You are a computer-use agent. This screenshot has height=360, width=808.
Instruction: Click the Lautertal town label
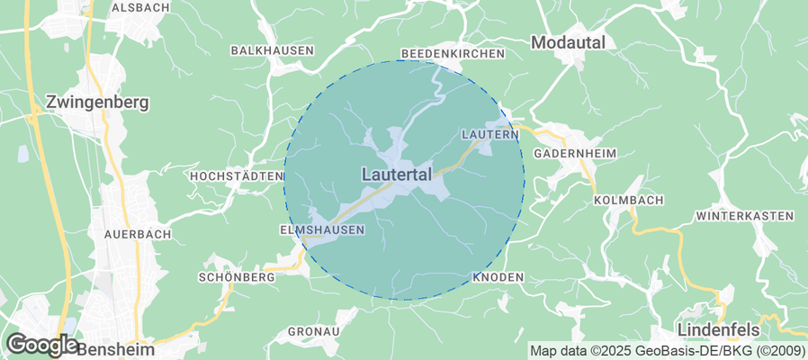[397, 174]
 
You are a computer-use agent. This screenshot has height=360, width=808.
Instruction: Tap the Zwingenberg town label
[96, 103]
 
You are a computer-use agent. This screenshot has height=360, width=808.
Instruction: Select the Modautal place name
[568, 42]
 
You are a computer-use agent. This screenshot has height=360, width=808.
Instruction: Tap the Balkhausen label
[271, 50]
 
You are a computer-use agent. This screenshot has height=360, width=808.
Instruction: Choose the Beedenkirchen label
[453, 54]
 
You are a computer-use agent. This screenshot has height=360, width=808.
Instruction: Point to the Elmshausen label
[322, 230]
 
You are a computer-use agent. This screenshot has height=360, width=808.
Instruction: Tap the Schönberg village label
[236, 278]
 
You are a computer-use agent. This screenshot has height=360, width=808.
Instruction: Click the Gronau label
[313, 332]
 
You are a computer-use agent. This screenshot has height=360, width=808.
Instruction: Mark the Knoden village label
[498, 277]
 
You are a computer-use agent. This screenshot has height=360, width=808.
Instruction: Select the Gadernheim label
[575, 154]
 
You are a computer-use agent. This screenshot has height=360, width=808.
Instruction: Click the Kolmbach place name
[628, 199]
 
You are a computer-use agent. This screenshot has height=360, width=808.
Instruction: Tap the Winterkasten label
[744, 216]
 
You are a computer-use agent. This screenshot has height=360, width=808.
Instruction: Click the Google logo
[41, 344]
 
